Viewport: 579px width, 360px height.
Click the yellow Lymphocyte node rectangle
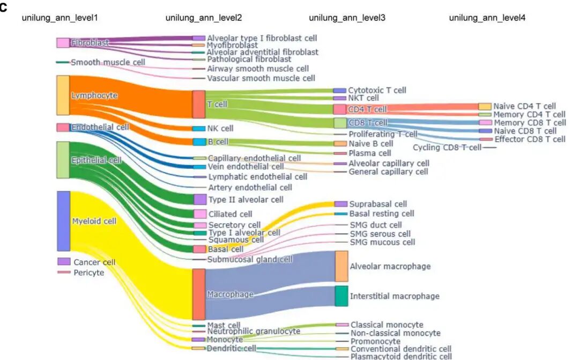[63, 95]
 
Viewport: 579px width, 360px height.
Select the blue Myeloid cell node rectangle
[63, 221]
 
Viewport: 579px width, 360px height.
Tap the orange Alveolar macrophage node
[342, 266]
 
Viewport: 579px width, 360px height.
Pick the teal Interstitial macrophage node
[342, 296]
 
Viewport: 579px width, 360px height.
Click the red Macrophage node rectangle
[198, 294]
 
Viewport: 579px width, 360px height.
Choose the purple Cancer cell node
[64, 261]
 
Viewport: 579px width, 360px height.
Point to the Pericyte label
[89, 273]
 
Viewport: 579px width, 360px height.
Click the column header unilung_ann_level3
[347, 18]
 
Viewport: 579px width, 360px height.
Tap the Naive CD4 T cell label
[525, 106]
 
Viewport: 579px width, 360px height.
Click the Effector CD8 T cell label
[530, 139]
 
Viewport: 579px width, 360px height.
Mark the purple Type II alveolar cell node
[199, 200]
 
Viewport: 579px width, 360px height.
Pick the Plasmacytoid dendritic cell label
[401, 356]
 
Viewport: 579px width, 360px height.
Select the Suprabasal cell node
[340, 204]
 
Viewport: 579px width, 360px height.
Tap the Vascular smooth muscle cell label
[254, 78]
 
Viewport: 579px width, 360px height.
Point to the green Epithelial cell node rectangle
[63, 160]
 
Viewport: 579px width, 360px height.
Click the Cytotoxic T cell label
[377, 90]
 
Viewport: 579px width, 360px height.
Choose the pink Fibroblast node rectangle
[63, 42]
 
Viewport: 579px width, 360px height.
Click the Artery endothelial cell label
[250, 187]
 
